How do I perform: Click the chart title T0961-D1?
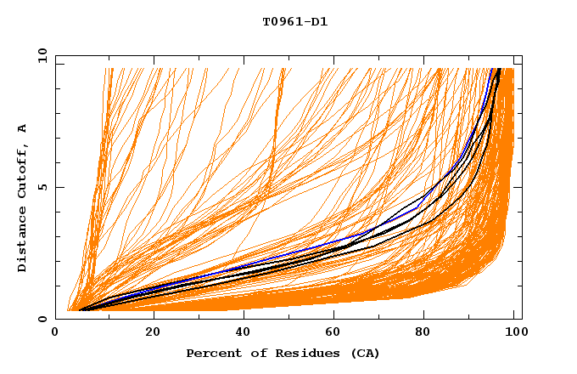294,21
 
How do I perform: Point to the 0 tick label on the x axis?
56,332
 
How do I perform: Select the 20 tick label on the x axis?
153,332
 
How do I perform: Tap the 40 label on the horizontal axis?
245,332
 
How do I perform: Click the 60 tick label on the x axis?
337,332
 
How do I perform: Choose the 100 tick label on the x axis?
514,332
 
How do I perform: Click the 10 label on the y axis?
42,56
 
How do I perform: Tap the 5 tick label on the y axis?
46,187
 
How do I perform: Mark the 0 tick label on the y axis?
46,319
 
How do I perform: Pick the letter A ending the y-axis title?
22,127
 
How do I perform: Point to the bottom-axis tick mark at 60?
337,316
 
